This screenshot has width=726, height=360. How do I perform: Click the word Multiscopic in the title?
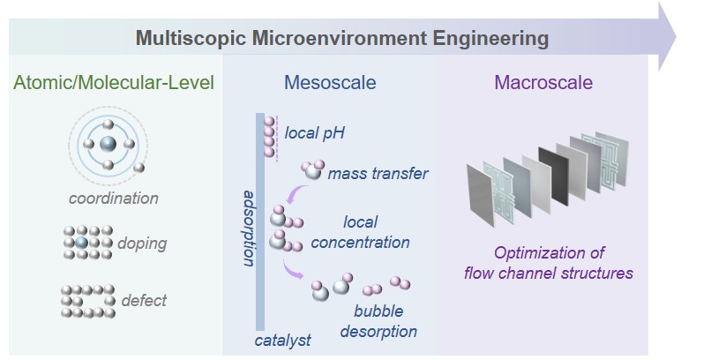click(x=190, y=38)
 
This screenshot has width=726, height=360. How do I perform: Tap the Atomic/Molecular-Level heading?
click(x=114, y=83)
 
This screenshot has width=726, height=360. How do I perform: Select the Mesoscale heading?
click(x=330, y=82)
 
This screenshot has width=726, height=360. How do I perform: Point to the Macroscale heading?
click(x=543, y=82)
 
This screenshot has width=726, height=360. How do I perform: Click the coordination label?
click(x=114, y=199)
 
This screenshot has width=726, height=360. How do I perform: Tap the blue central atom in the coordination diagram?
click(x=108, y=144)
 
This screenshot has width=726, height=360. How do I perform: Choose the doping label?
click(x=142, y=244)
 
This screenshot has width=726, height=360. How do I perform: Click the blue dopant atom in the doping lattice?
click(x=82, y=243)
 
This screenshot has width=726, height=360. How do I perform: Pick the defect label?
click(x=144, y=300)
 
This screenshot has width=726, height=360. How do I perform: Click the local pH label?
click(x=314, y=133)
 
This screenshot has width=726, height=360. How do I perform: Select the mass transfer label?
click(x=378, y=174)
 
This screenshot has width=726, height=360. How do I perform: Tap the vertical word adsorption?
click(x=249, y=227)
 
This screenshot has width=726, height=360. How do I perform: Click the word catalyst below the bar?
click(x=282, y=341)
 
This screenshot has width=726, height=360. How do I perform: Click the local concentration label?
click(x=360, y=232)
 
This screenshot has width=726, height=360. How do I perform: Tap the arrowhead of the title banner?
click(x=667, y=37)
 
